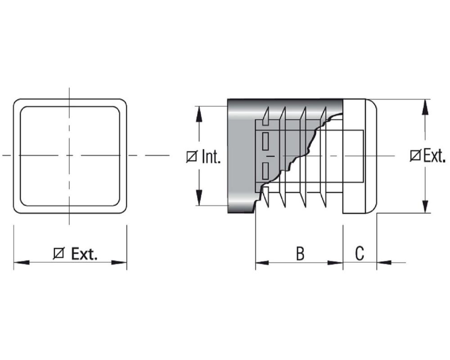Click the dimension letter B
[300, 253]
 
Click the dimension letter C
[360, 253]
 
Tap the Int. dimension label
[211, 157]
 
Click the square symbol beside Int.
[192, 157]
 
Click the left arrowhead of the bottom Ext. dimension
[22, 262]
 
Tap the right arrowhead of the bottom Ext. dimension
[119, 262]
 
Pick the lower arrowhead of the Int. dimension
[199, 198]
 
